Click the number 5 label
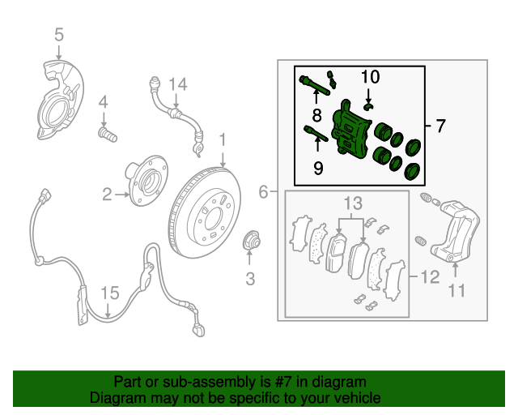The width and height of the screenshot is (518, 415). [59, 34]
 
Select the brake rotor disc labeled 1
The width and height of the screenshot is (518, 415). [205, 213]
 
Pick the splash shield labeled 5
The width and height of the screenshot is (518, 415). [60, 100]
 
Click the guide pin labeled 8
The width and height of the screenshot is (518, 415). [314, 85]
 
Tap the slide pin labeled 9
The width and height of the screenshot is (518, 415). [316, 134]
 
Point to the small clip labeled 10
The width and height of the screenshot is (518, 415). [368, 107]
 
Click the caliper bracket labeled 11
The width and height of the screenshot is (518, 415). [455, 231]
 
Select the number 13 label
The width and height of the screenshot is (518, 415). [353, 203]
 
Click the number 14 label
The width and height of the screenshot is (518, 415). [178, 84]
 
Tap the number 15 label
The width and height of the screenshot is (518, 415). [110, 293]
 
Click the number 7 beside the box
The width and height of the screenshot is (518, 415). [440, 126]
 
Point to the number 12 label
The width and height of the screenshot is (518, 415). [430, 276]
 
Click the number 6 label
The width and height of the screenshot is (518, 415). [263, 192]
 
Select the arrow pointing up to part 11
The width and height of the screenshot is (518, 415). [455, 269]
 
